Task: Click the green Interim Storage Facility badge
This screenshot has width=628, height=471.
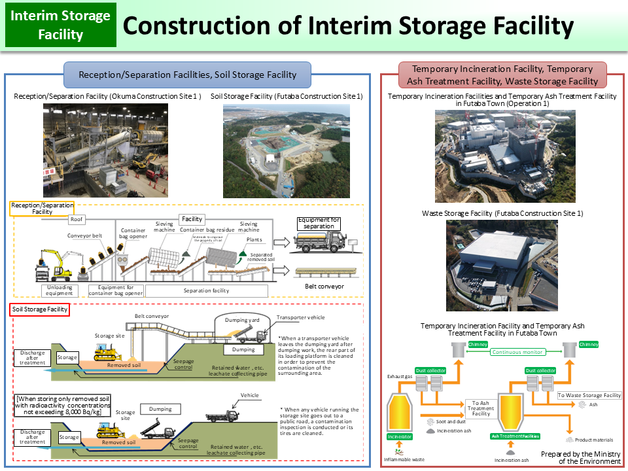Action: pyautogui.click(x=61, y=26)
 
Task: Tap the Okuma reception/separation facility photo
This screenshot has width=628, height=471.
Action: pyautogui.click(x=105, y=150)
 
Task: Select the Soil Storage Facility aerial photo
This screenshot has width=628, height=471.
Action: pyautogui.click(x=287, y=150)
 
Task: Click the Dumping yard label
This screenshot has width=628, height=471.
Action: pyautogui.click(x=243, y=320)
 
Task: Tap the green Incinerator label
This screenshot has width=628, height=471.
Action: pyautogui.click(x=400, y=436)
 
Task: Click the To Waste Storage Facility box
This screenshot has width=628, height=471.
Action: pyautogui.click(x=589, y=395)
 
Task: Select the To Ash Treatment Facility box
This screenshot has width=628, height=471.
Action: pyautogui.click(x=481, y=408)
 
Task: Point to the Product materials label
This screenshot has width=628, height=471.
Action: pyautogui.click(x=594, y=440)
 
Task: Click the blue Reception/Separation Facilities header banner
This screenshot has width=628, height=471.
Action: pyautogui.click(x=188, y=75)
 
